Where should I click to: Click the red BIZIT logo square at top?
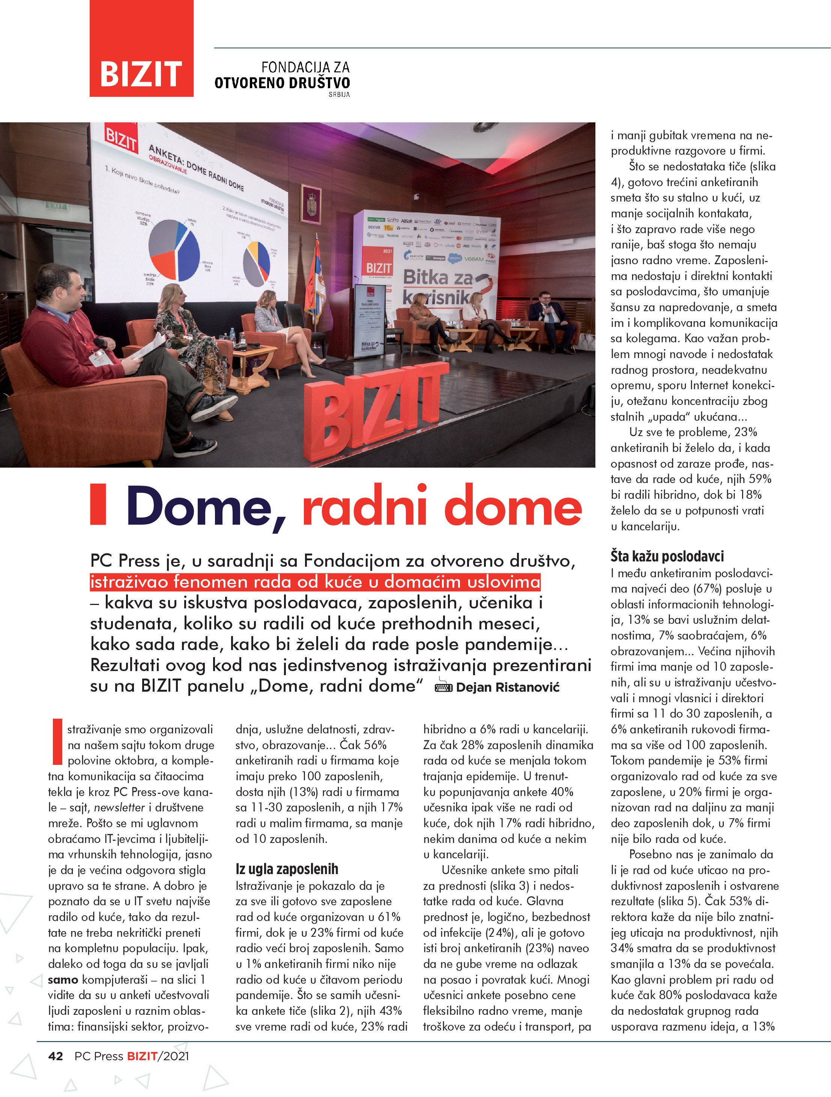[x=141, y=49]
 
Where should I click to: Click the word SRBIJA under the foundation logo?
[x=339, y=94]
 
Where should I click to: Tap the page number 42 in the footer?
[x=56, y=1056]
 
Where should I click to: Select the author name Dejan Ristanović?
[x=507, y=688]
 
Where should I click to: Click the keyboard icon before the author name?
[x=443, y=688]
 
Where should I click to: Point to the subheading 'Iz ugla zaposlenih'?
[x=287, y=869]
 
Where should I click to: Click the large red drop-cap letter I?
[x=57, y=742]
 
